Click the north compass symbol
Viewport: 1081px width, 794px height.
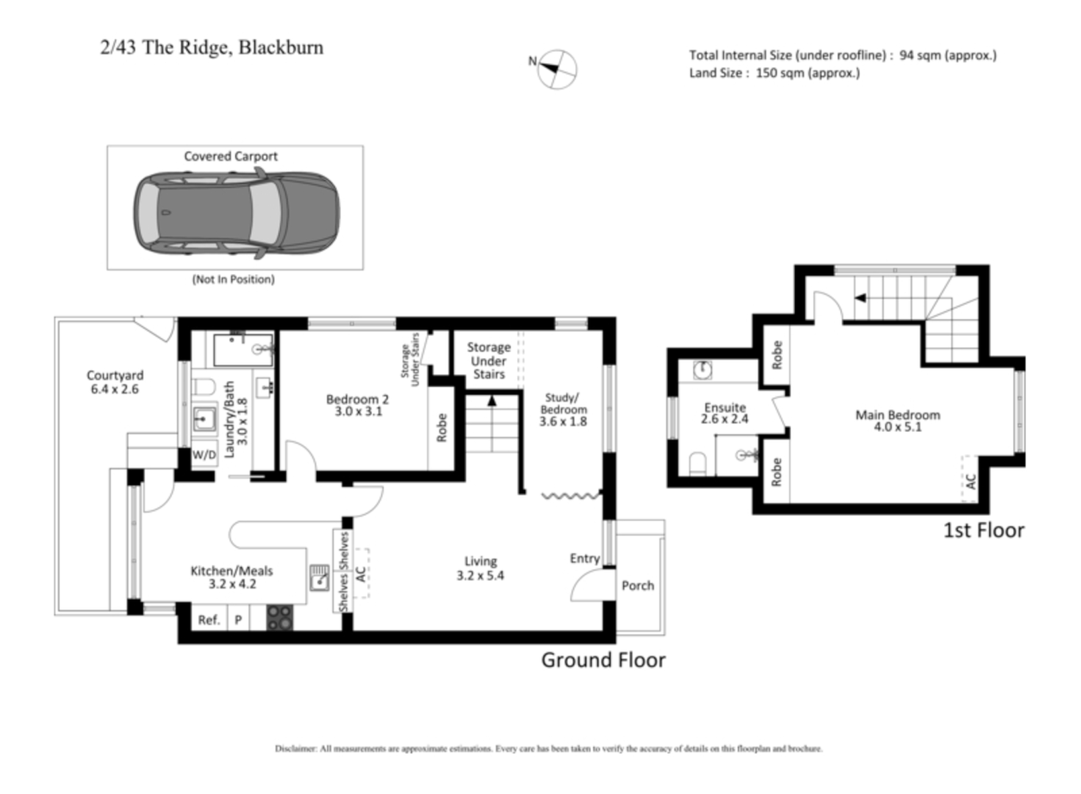coord(556,69)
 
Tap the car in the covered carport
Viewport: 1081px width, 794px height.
coord(236,213)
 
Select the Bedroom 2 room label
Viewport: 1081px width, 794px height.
coord(358,405)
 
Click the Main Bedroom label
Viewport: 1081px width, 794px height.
coord(897,421)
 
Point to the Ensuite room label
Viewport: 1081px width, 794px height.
coord(725,413)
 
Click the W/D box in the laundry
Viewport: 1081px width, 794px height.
coord(204,455)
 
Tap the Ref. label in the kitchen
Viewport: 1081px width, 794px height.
coord(209,620)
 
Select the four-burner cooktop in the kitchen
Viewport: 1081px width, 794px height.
coord(279,618)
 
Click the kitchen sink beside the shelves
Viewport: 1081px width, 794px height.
coord(319,578)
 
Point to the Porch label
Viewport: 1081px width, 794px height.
coord(637,585)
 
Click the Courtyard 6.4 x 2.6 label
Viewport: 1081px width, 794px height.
coord(115,382)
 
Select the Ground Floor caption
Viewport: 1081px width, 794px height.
coord(603,660)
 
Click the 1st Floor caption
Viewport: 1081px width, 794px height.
coord(983,530)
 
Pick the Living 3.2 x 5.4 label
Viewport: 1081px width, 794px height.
coord(481,568)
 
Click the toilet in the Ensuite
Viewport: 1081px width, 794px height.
coord(697,462)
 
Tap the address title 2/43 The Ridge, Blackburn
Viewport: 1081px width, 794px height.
coord(212,48)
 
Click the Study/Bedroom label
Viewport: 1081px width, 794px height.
coord(563,409)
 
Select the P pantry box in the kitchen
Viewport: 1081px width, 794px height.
coord(238,620)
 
